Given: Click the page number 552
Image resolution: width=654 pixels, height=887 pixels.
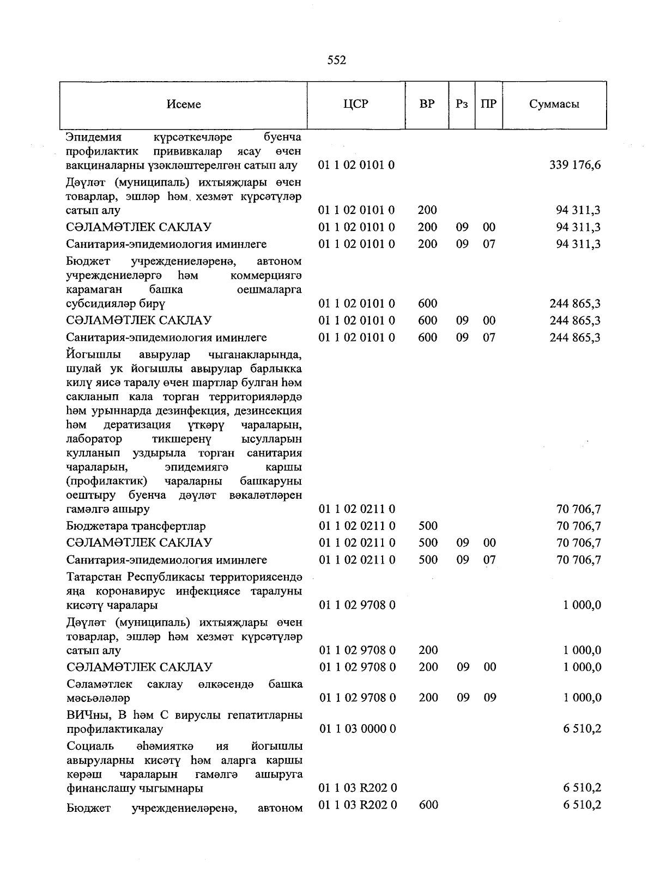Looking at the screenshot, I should (x=336, y=60).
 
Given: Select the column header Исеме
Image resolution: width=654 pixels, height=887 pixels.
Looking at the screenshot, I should (x=184, y=105).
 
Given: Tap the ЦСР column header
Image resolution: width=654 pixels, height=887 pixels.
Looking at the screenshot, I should (x=356, y=104).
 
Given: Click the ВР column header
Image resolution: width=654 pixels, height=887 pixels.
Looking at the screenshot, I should (x=427, y=104).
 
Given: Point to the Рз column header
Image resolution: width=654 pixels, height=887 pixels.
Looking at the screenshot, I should (x=462, y=104).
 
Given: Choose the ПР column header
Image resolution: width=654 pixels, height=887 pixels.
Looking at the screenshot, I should (x=489, y=104).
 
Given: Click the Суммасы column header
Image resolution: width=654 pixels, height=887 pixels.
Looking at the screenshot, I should (x=554, y=105).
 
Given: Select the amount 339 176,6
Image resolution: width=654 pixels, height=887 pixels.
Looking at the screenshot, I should (x=575, y=165).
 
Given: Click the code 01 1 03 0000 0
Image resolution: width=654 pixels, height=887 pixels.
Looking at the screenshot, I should (x=358, y=729).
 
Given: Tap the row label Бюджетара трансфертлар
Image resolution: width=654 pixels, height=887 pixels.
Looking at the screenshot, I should (x=136, y=526).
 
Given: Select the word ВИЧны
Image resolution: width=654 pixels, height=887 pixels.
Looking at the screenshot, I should (x=83, y=714).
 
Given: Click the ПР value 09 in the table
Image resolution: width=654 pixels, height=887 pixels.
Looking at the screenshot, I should (x=489, y=698).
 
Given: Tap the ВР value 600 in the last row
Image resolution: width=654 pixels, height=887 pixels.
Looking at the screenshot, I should (x=428, y=805).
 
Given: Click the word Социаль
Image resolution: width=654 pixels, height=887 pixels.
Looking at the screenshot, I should (x=90, y=745).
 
